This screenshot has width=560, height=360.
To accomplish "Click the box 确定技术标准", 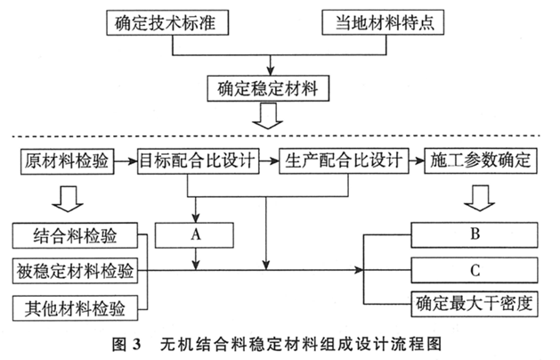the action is point(167,22).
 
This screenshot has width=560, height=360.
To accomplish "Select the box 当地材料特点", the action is point(383,22).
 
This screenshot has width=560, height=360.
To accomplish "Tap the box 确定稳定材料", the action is point(268,88).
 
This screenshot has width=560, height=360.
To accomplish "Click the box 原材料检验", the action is point(67,161).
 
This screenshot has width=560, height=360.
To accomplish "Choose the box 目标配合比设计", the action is point(199,161).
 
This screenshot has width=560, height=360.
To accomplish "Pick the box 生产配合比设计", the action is point(344,161).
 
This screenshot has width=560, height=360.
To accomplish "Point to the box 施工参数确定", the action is point(481,161).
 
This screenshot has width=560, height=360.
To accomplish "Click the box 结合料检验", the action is point(75,235).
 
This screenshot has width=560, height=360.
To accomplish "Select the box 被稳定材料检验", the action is point(75,271).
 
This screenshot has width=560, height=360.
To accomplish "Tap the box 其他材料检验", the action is point(75,307).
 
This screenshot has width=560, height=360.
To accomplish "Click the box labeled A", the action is point(194,235).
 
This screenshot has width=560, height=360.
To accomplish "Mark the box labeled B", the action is point(475,235).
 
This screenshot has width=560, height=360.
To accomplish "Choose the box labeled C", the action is point(475,270).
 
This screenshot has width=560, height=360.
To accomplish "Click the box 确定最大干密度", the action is point(475,304).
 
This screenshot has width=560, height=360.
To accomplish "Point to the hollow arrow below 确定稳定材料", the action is point(268,116).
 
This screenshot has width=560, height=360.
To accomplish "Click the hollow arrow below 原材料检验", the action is point(68,199).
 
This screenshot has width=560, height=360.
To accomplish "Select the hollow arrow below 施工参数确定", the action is point(479,198).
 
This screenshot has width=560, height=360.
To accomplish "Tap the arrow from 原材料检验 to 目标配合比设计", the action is point(126,161).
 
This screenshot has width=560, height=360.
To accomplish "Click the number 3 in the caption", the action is point(137,344).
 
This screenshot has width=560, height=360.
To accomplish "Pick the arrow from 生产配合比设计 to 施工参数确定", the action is point(417,161).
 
